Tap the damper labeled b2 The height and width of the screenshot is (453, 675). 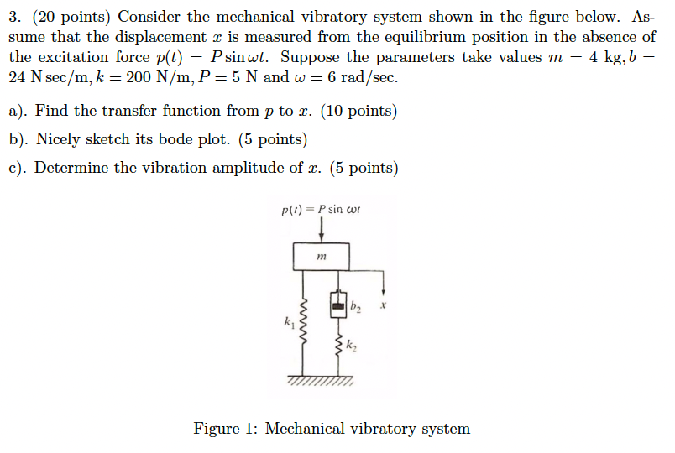[x=339, y=307]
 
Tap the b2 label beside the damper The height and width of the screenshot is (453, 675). [x=356, y=308]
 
